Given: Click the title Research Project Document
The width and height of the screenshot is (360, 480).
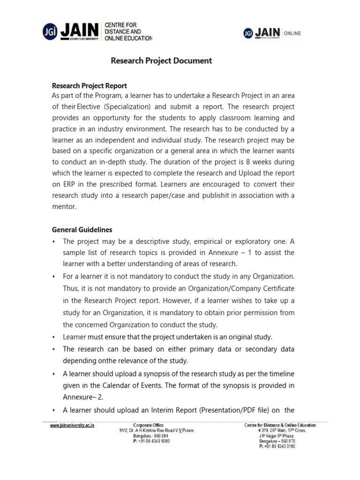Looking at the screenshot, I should (161, 61).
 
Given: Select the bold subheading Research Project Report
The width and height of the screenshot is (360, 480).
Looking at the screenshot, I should (89, 86).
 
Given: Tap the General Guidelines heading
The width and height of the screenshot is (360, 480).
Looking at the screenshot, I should (82, 230).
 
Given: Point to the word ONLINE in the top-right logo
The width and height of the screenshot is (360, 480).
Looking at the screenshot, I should (292, 33).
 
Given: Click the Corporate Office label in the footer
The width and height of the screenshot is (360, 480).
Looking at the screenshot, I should (149, 426).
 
